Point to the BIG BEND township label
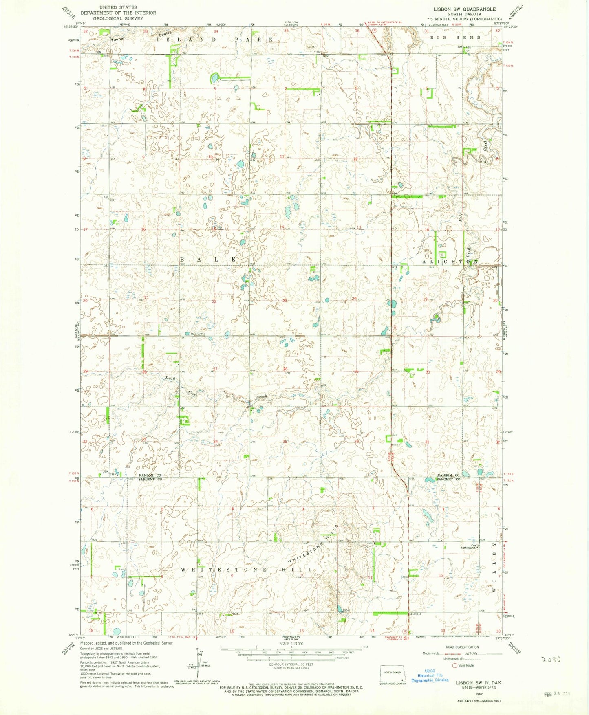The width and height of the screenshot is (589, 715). pos(456,37)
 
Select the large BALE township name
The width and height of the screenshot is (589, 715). pos(208,260)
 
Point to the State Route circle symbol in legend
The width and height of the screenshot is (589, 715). pos(455,665)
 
